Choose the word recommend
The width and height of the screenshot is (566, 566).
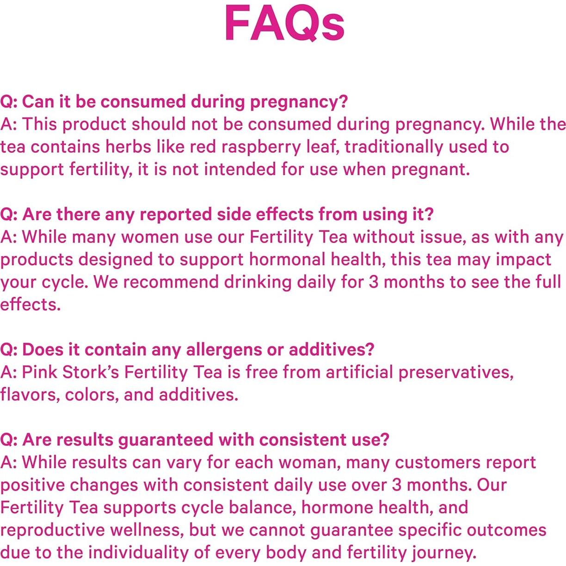point(171,283)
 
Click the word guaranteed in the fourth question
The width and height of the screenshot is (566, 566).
point(166,441)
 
